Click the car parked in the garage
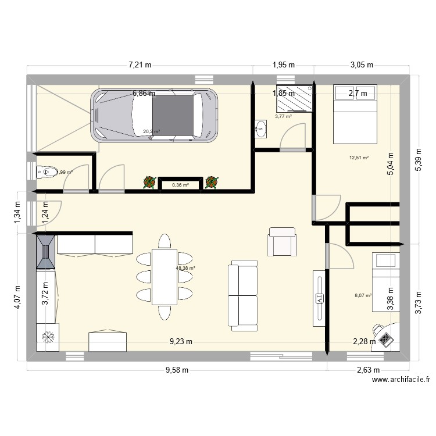[153, 115]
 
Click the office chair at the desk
[385, 335]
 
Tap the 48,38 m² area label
[185, 269]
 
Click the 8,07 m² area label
[362, 296]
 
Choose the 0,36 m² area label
[180, 185]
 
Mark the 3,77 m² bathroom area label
[283, 116]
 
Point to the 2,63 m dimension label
[367, 370]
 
